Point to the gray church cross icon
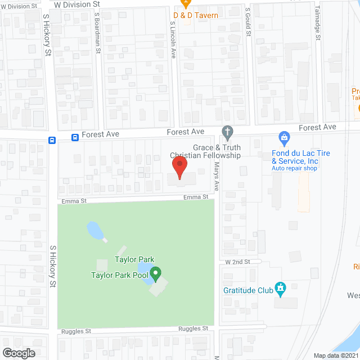[x=227, y=133]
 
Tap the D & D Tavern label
[x=195, y=15]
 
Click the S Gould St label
[x=247, y=21]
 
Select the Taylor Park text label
[x=134, y=259]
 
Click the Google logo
[x=18, y=353]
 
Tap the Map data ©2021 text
[x=334, y=355]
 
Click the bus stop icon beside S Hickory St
[x=52, y=141]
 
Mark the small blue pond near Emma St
[x=93, y=229]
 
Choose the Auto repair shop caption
[x=294, y=168]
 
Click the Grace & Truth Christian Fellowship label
[x=205, y=151]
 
